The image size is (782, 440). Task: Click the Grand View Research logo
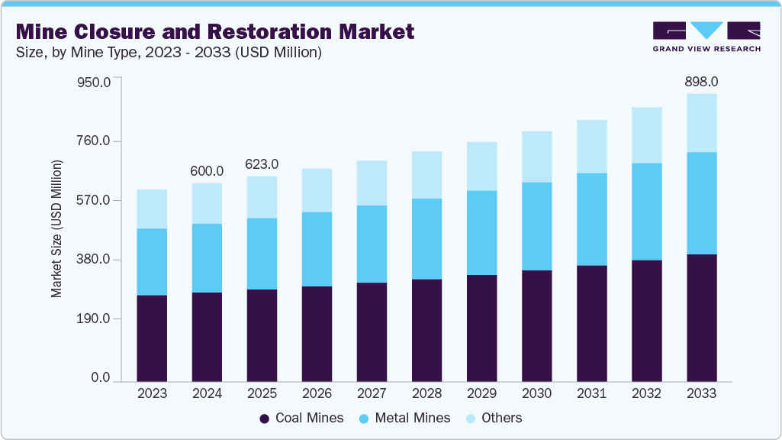[x=706, y=36]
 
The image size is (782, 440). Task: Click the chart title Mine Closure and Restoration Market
[x=215, y=31]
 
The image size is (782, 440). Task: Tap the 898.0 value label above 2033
[x=701, y=81]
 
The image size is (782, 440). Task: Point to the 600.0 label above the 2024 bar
[x=207, y=170]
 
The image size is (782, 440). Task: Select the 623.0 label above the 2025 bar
[x=262, y=163]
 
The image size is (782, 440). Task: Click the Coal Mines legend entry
[x=301, y=418]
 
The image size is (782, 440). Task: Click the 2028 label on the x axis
[x=426, y=393]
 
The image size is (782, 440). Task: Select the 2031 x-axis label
[x=591, y=393]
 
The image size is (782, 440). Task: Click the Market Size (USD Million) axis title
[x=56, y=229]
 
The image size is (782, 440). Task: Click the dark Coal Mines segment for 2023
[x=152, y=338]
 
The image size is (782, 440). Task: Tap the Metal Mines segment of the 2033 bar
[x=701, y=203]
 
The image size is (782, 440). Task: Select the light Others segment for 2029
[x=481, y=166]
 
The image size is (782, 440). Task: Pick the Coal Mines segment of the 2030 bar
[x=536, y=325]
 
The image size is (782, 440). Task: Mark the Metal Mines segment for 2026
[x=317, y=249]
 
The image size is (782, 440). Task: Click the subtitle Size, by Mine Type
[x=168, y=53]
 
